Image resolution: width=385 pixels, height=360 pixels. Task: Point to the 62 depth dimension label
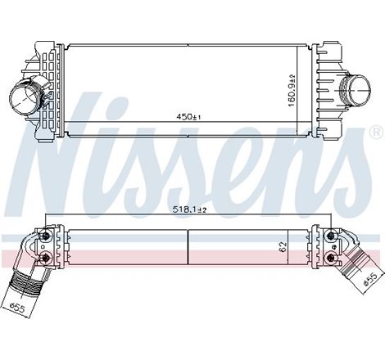click(282, 246)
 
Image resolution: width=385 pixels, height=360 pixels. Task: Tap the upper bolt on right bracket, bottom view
click(330, 236)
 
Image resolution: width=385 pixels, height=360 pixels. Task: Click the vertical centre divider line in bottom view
click(189, 245)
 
